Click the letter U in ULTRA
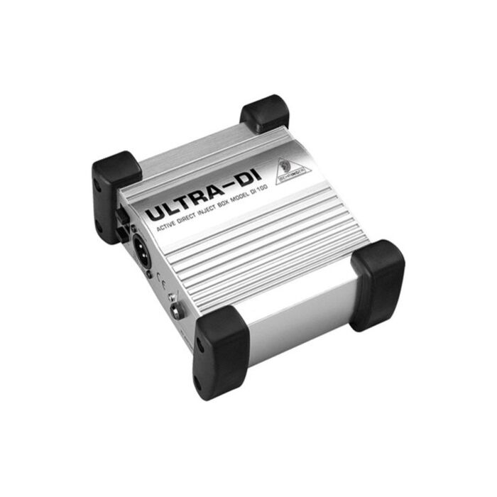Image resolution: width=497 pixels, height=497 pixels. coord(158,215)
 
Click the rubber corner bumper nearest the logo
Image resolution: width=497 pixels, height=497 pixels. coord(265,114)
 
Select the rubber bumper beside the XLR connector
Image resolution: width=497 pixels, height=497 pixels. coord(114,195)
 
